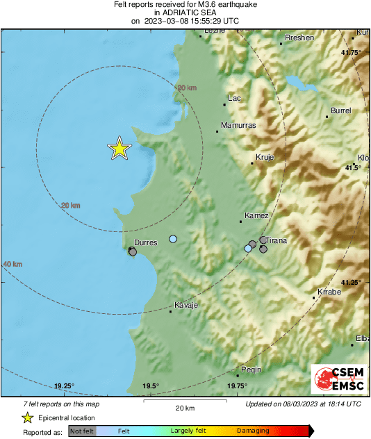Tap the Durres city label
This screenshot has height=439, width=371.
pos(145,242)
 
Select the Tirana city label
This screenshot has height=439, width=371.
pos(277,241)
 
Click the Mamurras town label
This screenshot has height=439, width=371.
pos(238,126)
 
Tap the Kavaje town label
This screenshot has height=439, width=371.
pos(186,306)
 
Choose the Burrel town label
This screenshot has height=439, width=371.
pos(341,110)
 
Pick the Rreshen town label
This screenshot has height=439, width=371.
pos(300,38)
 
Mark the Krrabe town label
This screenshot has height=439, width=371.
pos(329,292)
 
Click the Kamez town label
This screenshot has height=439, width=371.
pos(257,216)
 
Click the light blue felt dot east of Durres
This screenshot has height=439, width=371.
pos(173,239)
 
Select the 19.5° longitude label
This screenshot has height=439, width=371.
pos(151,387)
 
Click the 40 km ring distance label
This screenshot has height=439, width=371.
pos(13,265)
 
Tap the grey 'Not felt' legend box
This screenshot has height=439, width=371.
pos(82,431)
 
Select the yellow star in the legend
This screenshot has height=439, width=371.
pos(27,417)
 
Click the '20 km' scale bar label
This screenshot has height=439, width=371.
pos(184,407)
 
